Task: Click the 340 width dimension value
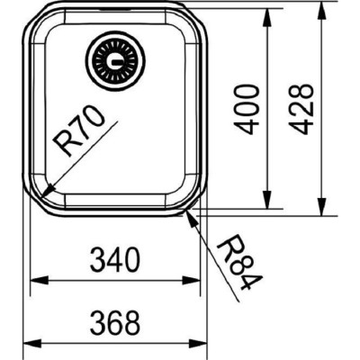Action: [115, 262]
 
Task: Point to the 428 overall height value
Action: [303, 109]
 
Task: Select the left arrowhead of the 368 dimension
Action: [24, 341]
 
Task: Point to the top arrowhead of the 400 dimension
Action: [268, 22]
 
